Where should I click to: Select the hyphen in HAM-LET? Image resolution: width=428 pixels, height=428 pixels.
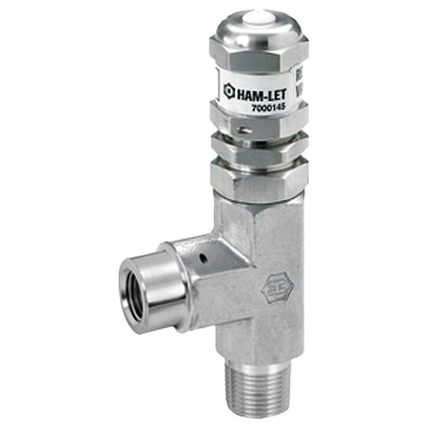[263, 92]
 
